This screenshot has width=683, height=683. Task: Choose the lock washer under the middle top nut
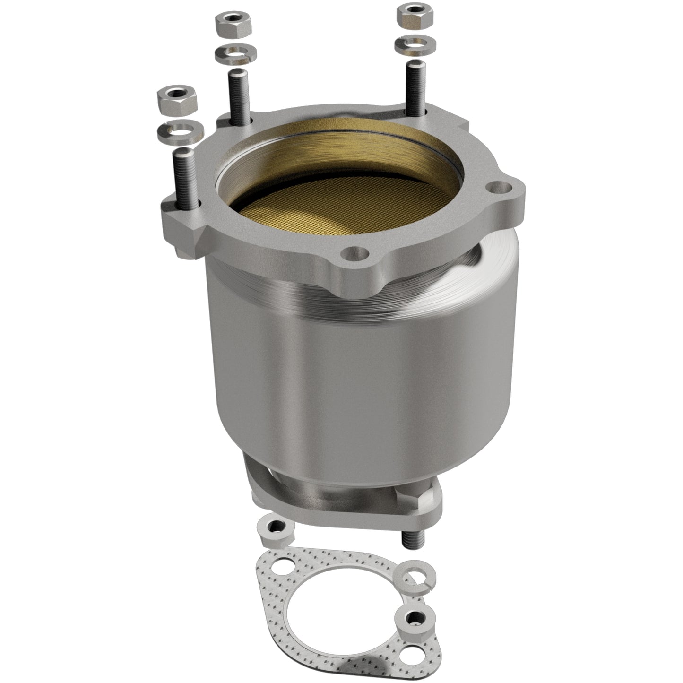[x=236, y=54]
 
